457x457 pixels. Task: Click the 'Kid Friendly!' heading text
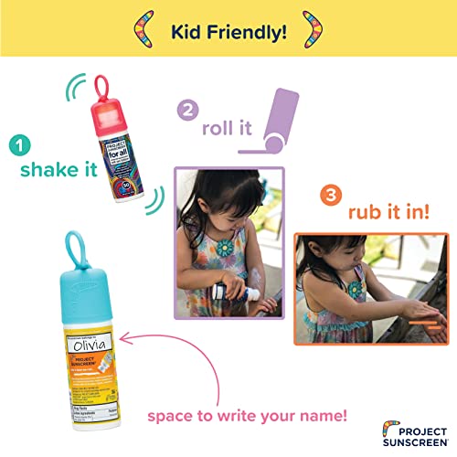click(x=228, y=33)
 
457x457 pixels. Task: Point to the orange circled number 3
click(x=330, y=194)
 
